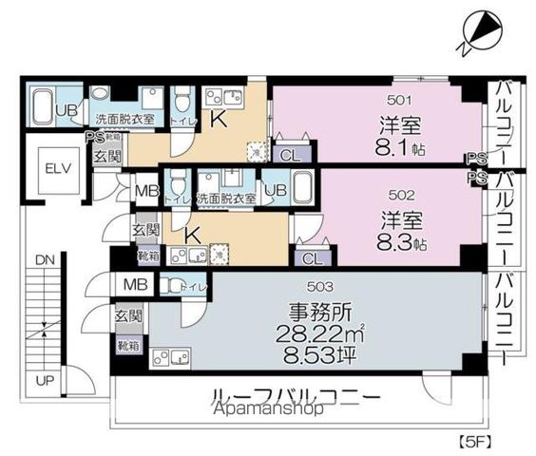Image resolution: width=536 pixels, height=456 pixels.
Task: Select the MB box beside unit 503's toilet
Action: point(130,283)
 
